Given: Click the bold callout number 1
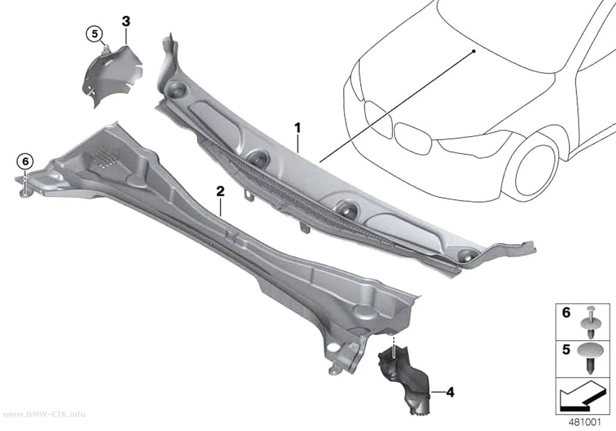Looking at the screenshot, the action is (298, 128).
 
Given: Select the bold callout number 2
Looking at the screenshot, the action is (221, 192).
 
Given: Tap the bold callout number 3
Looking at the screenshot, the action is (126, 22).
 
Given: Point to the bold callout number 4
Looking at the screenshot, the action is (450, 392).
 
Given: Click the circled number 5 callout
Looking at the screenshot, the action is (94, 34).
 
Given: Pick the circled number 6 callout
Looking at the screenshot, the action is (25, 161).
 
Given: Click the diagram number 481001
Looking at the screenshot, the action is (584, 422).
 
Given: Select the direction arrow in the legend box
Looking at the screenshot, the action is (583, 396).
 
